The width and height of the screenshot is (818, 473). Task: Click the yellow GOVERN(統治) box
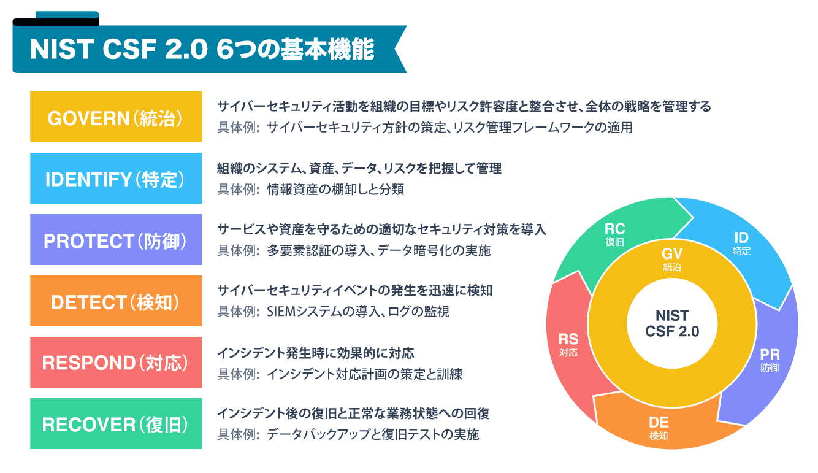click(115, 117)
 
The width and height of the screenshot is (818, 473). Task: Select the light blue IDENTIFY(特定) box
click(115, 179)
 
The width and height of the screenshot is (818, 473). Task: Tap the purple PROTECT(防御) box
click(115, 240)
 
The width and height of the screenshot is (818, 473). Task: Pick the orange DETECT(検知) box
click(115, 301)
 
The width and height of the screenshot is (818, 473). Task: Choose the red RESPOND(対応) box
click(115, 363)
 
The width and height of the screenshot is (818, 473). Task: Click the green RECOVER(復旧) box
click(115, 424)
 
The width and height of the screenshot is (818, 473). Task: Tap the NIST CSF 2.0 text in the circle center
click(672, 323)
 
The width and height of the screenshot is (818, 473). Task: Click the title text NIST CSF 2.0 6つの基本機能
click(202, 50)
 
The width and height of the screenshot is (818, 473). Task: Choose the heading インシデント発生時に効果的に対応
click(316, 353)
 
